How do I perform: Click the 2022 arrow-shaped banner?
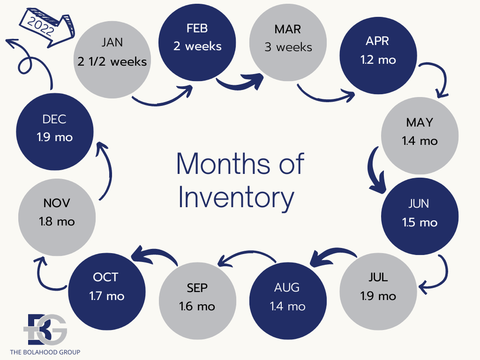click(x=46, y=27)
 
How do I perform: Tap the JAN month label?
click(x=112, y=42)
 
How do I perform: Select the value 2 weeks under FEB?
click(x=197, y=46)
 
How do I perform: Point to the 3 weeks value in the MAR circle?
click(x=288, y=47)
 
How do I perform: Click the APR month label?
click(x=377, y=41)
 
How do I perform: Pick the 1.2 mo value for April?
click(x=378, y=60)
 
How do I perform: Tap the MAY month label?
click(x=420, y=122)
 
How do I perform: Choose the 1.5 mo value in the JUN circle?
click(x=420, y=223)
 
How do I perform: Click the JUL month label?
click(x=378, y=277)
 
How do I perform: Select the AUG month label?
click(x=287, y=287)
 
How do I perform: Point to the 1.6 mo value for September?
click(x=197, y=307)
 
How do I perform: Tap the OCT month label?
click(x=105, y=277)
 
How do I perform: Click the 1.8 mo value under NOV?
click(x=57, y=222)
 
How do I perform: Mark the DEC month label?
click(x=54, y=119)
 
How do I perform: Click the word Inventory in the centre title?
click(x=236, y=197)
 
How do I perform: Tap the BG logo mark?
click(x=45, y=330)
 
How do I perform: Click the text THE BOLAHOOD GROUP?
click(x=45, y=352)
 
